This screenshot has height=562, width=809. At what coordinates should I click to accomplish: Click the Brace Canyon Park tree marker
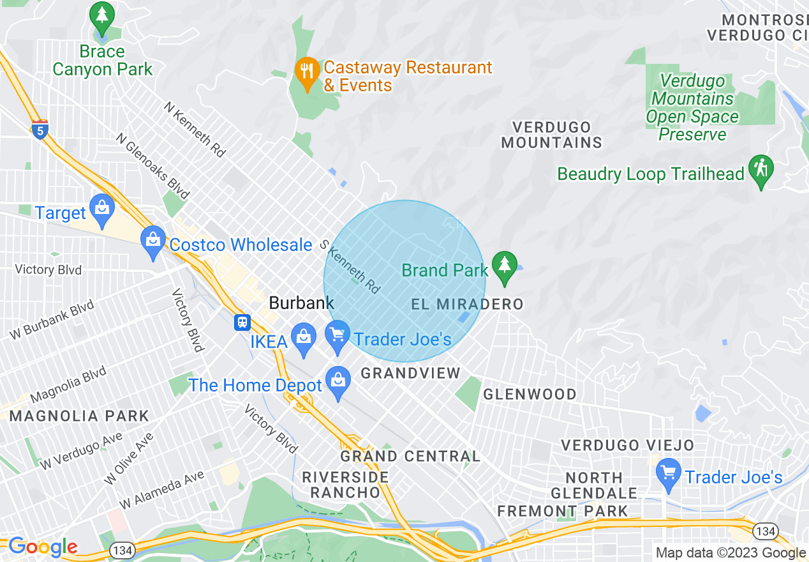click(101, 15)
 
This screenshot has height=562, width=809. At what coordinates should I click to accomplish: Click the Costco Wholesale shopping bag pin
click(153, 241)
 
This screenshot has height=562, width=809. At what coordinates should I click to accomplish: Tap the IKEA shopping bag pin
click(302, 337)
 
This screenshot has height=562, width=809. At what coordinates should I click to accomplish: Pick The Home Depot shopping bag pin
click(338, 381)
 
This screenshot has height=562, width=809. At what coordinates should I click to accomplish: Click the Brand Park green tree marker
click(505, 266)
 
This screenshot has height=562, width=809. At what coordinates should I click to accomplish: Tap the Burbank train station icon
click(242, 322)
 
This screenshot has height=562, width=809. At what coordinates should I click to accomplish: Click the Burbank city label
click(301, 303)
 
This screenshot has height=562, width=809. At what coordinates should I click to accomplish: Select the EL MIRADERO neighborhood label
click(467, 305)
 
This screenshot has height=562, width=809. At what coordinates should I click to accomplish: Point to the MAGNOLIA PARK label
click(79, 416)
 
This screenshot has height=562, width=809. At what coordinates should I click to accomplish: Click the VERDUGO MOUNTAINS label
click(552, 135)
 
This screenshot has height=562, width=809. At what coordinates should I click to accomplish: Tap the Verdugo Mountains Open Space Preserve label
click(692, 107)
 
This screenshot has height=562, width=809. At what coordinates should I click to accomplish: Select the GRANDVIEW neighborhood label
click(410, 373)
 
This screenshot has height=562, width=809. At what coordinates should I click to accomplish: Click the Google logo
click(42, 547)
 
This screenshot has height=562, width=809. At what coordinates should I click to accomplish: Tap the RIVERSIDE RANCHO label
click(345, 485)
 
